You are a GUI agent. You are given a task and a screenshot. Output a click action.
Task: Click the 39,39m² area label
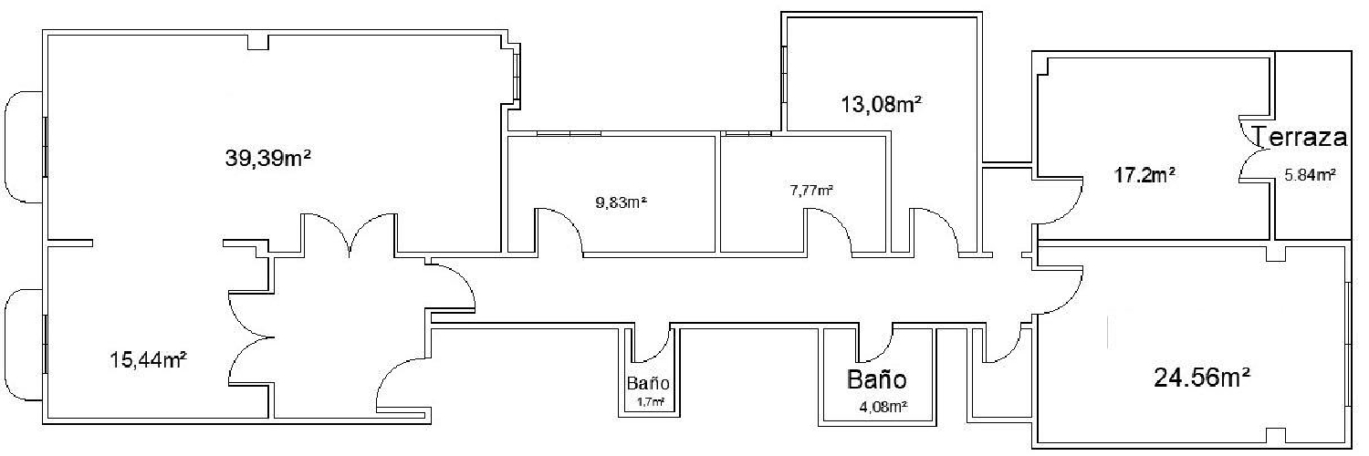click(269, 158)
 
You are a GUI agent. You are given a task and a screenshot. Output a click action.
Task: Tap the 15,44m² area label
click(149, 359)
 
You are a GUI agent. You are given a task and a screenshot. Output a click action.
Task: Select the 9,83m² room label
click(621, 202)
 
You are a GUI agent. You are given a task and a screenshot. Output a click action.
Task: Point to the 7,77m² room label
click(811, 190)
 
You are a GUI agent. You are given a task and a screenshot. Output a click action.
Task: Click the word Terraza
click(1301, 138)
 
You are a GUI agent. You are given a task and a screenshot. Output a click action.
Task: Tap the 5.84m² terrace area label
click(1310, 175)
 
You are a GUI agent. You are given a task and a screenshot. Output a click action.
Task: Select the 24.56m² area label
click(1201, 376)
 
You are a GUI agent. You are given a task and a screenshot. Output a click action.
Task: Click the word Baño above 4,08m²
click(877, 378)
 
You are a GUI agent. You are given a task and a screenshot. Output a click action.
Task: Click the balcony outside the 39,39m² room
click(23, 146)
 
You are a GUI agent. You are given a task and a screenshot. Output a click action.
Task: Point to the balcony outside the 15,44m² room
click(23, 345)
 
